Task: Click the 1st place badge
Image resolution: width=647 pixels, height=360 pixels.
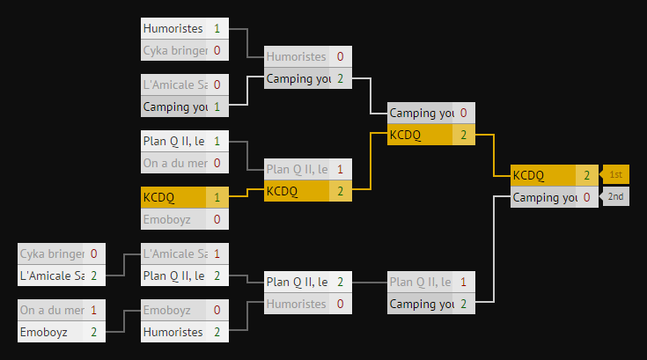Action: tap(615, 174)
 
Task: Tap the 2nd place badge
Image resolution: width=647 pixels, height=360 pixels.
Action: tap(615, 196)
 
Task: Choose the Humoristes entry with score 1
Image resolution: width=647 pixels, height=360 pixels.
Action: tap(174, 28)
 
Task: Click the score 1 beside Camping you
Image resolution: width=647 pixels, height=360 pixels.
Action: tap(217, 107)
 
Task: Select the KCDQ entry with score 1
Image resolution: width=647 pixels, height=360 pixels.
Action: tap(174, 197)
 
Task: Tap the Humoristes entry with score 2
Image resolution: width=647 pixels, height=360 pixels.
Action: tap(174, 332)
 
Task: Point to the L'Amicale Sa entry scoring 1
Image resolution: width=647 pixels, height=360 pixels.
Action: tap(174, 253)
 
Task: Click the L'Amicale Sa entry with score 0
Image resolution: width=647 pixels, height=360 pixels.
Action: tap(174, 84)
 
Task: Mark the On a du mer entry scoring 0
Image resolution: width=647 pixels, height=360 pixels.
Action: tap(174, 163)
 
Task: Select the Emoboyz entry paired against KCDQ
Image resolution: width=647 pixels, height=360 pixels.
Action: tap(174, 219)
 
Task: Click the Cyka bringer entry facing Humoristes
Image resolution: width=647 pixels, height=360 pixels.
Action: tap(174, 50)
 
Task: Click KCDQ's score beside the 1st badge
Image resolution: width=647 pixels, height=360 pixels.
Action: tap(587, 174)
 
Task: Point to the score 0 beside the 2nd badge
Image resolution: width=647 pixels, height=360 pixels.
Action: tap(587, 197)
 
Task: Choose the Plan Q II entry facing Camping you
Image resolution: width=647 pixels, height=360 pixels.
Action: tap(421, 282)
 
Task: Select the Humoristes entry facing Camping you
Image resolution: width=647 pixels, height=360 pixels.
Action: tap(298, 56)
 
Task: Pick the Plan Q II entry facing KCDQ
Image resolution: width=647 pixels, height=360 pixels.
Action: tap(298, 169)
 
